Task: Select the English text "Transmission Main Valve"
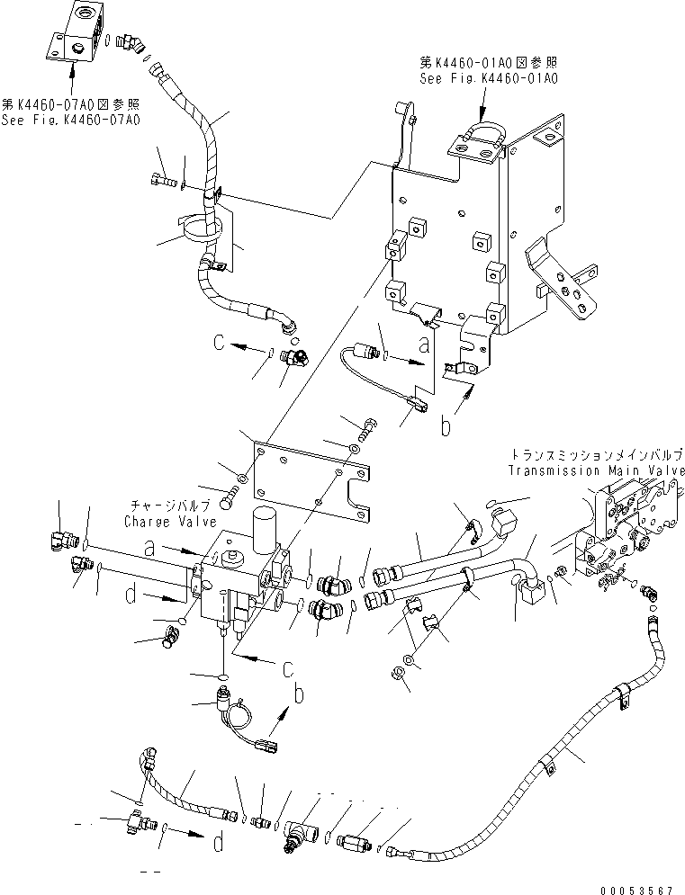(x=595, y=470)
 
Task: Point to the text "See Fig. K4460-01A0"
(x=489, y=78)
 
